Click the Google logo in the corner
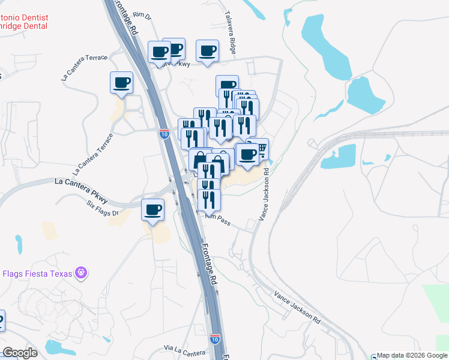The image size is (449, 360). pos(20,353)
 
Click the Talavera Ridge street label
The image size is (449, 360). pos(231,32)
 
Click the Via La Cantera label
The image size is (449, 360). pos(185,349)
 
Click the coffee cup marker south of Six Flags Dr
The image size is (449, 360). pos(152,210)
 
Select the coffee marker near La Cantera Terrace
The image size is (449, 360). pos(121,82)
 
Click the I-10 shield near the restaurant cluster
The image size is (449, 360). pos(164,133)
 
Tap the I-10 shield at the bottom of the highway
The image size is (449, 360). pos(215,338)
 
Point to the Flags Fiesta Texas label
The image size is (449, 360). pos(37,274)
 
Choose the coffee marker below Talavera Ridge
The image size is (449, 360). pos(208,51)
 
